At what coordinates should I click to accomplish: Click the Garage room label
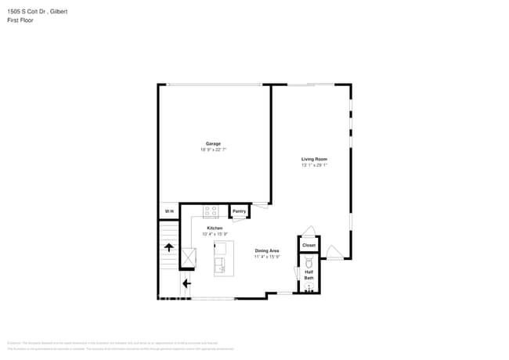[x=213, y=144]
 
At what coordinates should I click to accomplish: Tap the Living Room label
[x=314, y=160]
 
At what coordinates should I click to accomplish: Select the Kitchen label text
[x=215, y=228]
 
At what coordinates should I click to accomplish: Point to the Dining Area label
[x=267, y=250]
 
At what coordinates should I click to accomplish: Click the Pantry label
[x=239, y=211]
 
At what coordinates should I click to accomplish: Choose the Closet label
[x=309, y=245]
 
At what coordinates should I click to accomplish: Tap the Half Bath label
[x=309, y=275]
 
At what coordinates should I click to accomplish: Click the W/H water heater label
[x=168, y=212]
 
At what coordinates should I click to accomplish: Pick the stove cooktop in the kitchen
[x=211, y=211]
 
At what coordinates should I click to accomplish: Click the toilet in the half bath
[x=309, y=264]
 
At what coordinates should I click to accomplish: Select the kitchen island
[x=223, y=257]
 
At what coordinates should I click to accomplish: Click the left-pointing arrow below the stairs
[x=186, y=283]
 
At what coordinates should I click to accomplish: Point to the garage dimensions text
[x=213, y=149]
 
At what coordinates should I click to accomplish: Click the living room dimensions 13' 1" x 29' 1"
[x=314, y=165]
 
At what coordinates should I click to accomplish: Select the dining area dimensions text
[x=267, y=256]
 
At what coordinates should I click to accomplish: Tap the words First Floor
[x=20, y=20]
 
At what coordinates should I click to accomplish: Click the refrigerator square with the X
[x=188, y=257]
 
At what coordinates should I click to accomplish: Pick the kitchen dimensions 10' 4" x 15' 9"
[x=215, y=233]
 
